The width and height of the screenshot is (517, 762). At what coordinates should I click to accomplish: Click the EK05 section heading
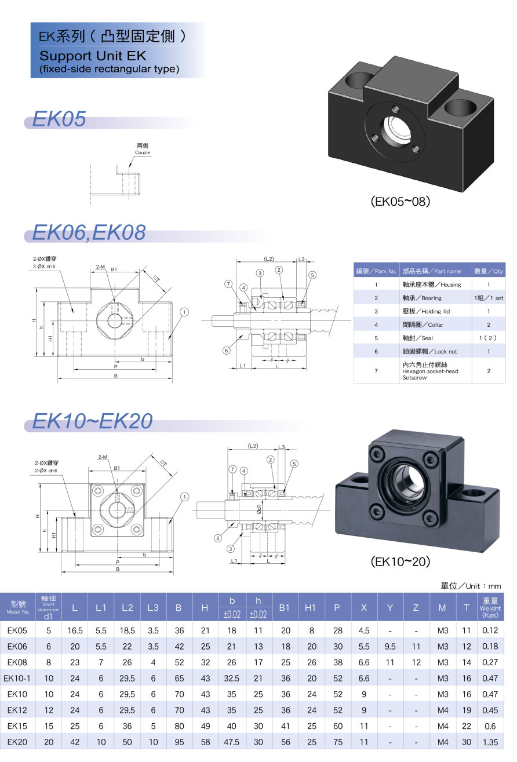point(59,119)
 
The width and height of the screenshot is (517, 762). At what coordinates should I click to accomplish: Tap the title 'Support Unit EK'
point(93,56)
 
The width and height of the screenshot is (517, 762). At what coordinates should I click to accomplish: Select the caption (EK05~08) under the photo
point(401,202)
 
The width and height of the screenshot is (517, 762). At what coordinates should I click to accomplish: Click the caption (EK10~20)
point(401,562)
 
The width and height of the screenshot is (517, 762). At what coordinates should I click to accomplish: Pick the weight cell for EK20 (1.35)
point(490,742)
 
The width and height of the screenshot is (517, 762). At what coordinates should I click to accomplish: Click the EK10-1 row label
point(17,679)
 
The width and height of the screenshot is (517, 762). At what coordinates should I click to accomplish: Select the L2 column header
point(127,607)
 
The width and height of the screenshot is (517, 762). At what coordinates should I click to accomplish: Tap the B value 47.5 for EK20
point(231,742)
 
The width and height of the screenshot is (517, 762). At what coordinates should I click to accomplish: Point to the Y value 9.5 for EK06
point(390,646)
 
